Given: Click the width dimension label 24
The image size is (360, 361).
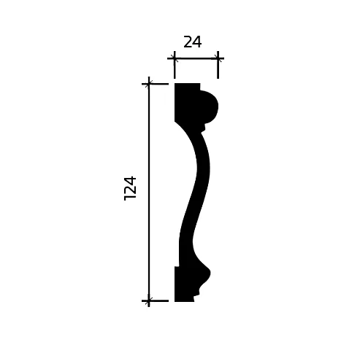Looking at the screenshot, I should pos(193,42).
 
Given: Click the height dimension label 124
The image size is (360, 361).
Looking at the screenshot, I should pos(131,187).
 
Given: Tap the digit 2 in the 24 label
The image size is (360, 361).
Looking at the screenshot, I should pos(188,42).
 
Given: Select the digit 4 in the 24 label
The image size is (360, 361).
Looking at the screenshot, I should pos(197,42).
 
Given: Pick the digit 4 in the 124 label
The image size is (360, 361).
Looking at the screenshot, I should pos(131,179).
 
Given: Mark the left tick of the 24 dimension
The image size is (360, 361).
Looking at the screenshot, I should pos(175,58).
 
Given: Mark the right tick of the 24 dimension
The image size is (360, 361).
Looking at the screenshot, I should pos(218,58).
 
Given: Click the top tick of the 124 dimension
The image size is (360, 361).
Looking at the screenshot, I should pos(149,84).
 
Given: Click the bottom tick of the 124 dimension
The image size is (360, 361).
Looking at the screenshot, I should pos(149,300).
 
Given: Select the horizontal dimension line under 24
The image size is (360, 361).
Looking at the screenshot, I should pos(196,58).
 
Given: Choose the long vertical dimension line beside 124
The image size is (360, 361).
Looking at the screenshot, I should pos(149,219).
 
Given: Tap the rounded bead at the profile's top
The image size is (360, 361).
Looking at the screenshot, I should pos(209,106).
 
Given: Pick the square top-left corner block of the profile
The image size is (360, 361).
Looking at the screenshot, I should pos(185,95).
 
